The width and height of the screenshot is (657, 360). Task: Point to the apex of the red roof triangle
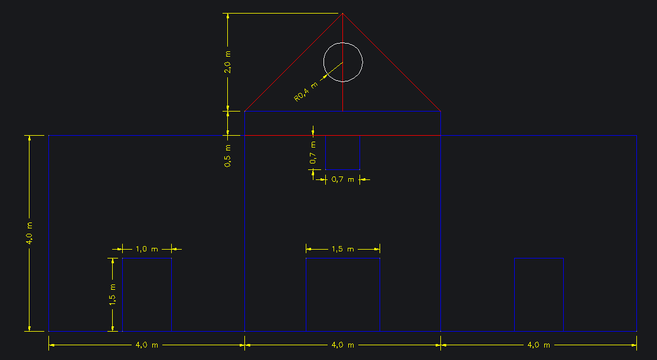pos(343,14)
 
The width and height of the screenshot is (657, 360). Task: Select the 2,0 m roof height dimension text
pos(228,62)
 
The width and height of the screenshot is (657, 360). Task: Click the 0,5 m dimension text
pos(228,156)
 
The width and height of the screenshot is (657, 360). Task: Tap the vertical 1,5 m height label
pos(112,294)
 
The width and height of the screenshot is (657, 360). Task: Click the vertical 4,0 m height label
pos(30,234)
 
